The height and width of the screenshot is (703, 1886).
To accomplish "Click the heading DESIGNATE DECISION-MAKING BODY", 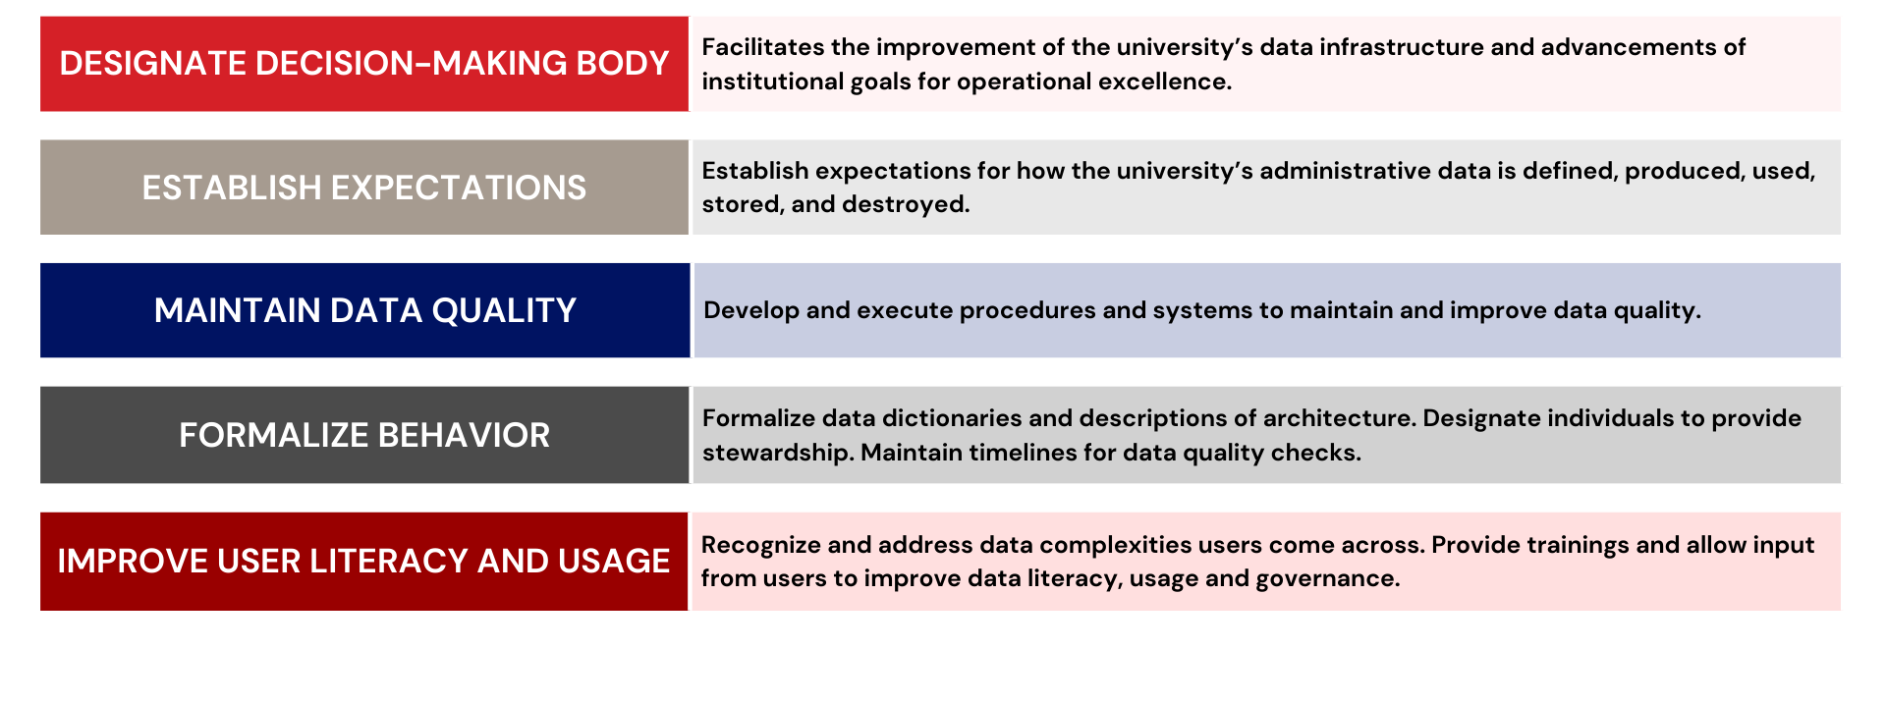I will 363,64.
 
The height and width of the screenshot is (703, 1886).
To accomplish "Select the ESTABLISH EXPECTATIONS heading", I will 363,188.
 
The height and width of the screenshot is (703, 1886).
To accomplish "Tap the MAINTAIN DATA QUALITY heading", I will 364,310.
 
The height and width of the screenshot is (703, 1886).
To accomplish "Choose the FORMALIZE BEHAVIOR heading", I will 363,435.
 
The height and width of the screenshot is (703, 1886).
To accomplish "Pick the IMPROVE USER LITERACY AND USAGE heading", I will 363,561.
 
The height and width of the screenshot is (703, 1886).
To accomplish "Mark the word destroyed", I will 919,204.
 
